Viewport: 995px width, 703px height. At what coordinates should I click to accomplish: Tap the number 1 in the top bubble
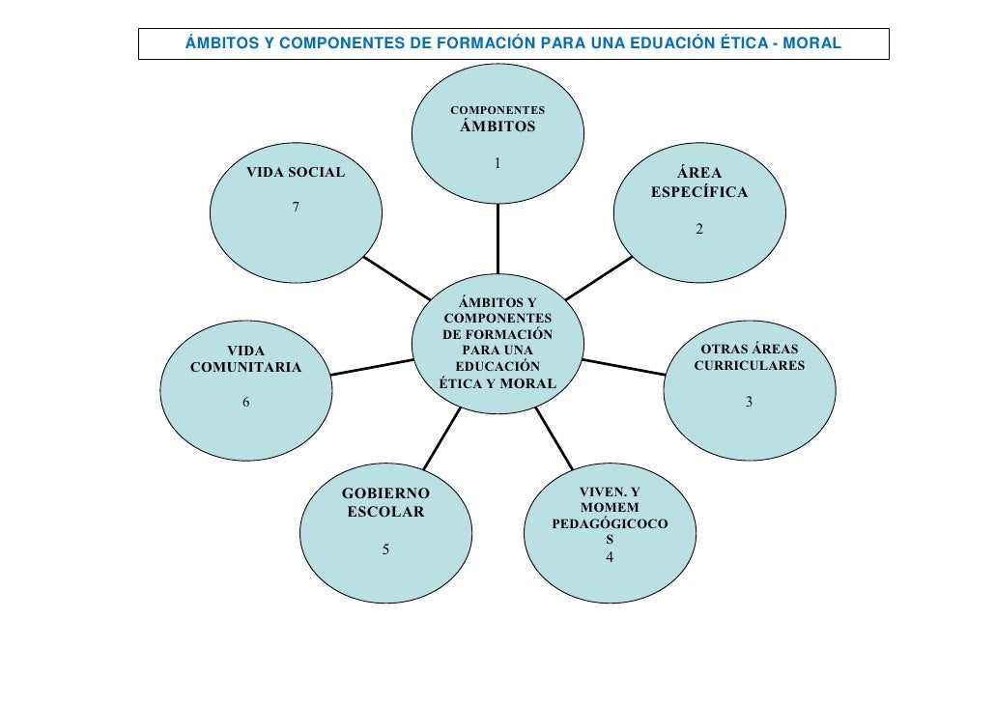pyautogui.click(x=497, y=163)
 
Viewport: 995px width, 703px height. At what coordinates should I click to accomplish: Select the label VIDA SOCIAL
pyautogui.click(x=296, y=172)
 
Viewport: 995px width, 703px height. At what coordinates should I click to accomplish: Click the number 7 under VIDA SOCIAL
pyautogui.click(x=296, y=207)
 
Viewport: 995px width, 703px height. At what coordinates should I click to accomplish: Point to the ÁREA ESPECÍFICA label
pyautogui.click(x=699, y=183)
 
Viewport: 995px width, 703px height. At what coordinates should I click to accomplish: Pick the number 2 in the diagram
pyautogui.click(x=699, y=229)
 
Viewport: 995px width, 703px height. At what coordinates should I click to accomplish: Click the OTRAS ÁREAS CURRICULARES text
pyautogui.click(x=749, y=357)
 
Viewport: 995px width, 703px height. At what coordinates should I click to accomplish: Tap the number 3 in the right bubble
pyautogui.click(x=749, y=402)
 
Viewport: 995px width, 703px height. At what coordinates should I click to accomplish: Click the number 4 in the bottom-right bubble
pyautogui.click(x=609, y=557)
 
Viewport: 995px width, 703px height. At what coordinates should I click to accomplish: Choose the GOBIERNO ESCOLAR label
pyautogui.click(x=385, y=502)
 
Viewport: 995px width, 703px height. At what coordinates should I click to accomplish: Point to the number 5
pyautogui.click(x=385, y=549)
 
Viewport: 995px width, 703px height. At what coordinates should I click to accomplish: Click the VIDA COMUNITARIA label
pyautogui.click(x=245, y=358)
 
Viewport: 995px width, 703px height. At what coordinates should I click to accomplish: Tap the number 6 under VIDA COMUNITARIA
pyautogui.click(x=245, y=403)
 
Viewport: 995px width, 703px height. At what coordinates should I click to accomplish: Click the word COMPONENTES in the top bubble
pyautogui.click(x=497, y=110)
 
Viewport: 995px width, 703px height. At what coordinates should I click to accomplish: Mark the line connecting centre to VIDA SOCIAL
pyautogui.click(x=397, y=280)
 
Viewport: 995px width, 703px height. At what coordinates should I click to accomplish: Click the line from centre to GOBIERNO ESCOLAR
pyautogui.click(x=441, y=439)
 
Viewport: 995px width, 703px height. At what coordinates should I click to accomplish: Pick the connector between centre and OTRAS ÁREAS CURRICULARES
pyautogui.click(x=624, y=368)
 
